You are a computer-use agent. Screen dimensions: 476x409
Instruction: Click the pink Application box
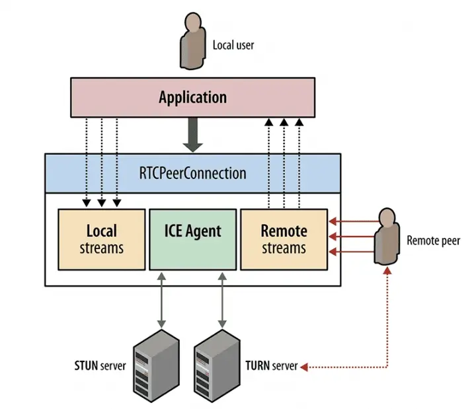[193, 97]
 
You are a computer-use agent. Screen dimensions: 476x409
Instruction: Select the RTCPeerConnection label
[193, 173]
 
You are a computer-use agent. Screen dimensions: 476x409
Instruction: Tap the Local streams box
[102, 239]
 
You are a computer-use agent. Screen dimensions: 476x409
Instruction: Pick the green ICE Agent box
[193, 239]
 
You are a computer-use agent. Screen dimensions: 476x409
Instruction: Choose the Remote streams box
[284, 239]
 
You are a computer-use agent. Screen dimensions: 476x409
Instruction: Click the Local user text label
[233, 45]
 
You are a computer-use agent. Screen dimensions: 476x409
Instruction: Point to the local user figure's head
[193, 22]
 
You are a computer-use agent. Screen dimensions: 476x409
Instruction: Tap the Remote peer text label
[433, 241]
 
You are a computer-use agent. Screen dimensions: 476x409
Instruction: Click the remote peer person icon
[387, 237]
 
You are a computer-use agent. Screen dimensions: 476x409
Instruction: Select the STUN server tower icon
[156, 366]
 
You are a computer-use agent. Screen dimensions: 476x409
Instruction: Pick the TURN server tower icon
[217, 366]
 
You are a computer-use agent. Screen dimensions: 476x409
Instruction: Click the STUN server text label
[100, 365]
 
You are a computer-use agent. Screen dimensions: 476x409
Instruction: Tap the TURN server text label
[272, 365]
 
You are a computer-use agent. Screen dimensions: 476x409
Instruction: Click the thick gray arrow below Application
[193, 135]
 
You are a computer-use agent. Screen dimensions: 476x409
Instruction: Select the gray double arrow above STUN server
[161, 301]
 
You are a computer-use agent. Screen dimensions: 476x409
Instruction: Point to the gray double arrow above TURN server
[222, 301]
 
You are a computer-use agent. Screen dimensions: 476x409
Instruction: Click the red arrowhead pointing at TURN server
[304, 367]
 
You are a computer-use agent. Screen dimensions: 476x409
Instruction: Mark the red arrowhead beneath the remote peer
[387, 271]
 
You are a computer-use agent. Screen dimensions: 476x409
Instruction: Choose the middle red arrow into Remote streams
[352, 237]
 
